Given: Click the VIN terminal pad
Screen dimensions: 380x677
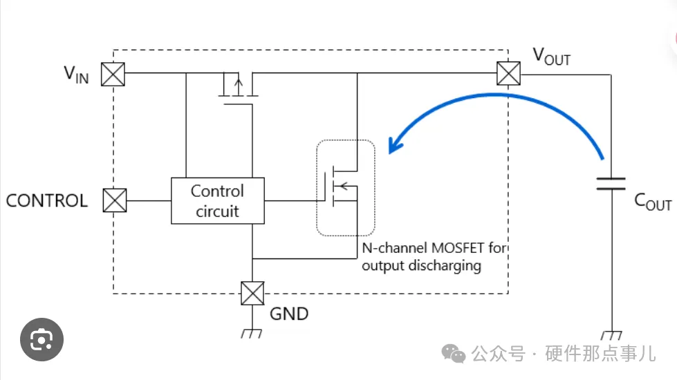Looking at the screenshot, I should pos(113,73).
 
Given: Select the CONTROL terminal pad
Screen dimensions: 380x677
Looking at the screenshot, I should pos(115,200).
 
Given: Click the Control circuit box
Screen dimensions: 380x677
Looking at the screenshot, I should pos(218,201).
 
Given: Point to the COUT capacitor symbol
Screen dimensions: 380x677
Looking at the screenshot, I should pos(611,183).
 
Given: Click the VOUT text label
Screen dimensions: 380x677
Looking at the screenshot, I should pos(551,57).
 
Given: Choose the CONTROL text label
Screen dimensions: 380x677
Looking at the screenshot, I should pos(47,201).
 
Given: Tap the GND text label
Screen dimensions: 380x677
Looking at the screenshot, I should pos(288,314).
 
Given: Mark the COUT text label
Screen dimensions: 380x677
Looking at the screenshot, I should pos(652,202).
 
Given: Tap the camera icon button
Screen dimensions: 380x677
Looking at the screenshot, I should pos(41,339).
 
